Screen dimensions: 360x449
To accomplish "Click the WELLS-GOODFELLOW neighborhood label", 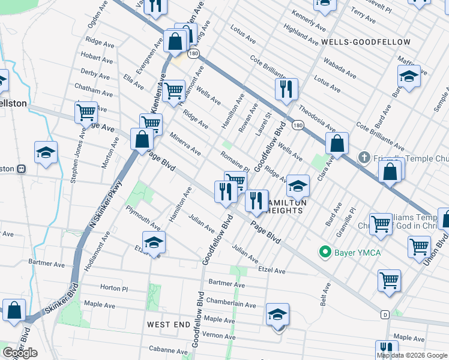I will [x=366, y=42].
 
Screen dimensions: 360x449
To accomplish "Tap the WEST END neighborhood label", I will [x=169, y=324].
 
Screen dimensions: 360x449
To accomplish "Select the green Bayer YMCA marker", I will [x=325, y=252].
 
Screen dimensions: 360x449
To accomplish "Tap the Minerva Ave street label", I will [x=185, y=144].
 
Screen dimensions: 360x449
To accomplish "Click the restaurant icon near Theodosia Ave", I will [x=286, y=89].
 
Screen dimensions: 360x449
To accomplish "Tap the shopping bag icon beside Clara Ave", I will [x=337, y=144].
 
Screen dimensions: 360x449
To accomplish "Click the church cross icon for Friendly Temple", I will [x=363, y=158].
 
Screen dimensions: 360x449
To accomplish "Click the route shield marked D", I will [x=385, y=314].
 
